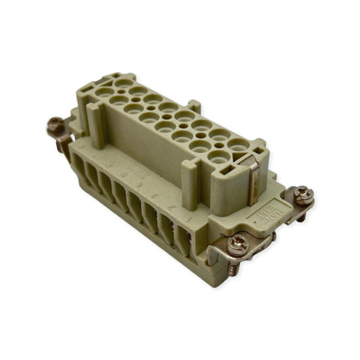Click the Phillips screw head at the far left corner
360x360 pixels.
pos(55,125)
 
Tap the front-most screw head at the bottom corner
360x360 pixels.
pos(237,241)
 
